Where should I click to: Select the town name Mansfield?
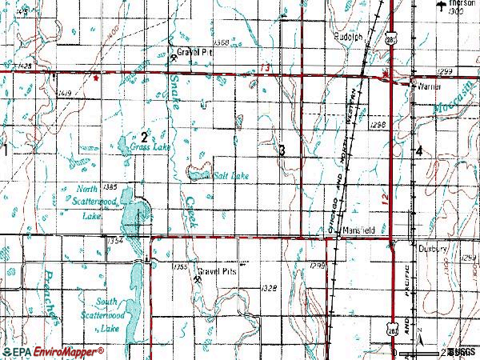click(x=358, y=230)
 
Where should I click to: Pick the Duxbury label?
click(x=433, y=248)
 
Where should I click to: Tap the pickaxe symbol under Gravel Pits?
click(x=197, y=280)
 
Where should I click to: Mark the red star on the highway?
click(x=96, y=78)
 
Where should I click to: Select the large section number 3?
click(x=282, y=150)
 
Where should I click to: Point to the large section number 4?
click(x=419, y=150)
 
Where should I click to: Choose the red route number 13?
click(x=265, y=69)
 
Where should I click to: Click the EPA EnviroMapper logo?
click(x=54, y=351)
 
